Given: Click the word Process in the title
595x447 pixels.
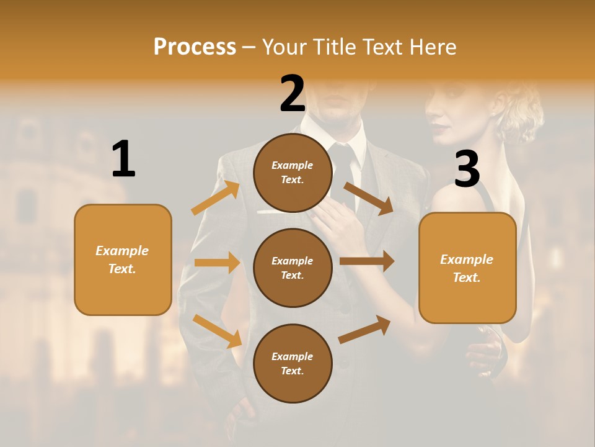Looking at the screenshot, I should coord(195,47).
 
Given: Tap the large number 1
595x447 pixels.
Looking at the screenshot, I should coord(123,160).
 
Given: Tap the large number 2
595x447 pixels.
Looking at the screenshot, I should coord(293,94).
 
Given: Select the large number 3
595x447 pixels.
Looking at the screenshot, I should coord(467,169).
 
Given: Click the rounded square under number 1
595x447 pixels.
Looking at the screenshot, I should coord(123,260).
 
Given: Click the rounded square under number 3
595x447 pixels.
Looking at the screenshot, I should coord(467,268).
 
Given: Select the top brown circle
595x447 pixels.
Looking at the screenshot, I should coord(293,173).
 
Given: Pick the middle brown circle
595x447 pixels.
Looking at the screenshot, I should coord(293,268).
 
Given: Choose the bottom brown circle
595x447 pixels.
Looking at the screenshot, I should coord(293,363).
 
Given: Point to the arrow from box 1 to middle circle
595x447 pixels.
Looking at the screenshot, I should coord(217,263).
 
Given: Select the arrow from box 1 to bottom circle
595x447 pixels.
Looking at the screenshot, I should coord(218,331).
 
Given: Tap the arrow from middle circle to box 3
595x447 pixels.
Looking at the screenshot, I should coord(367,261).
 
